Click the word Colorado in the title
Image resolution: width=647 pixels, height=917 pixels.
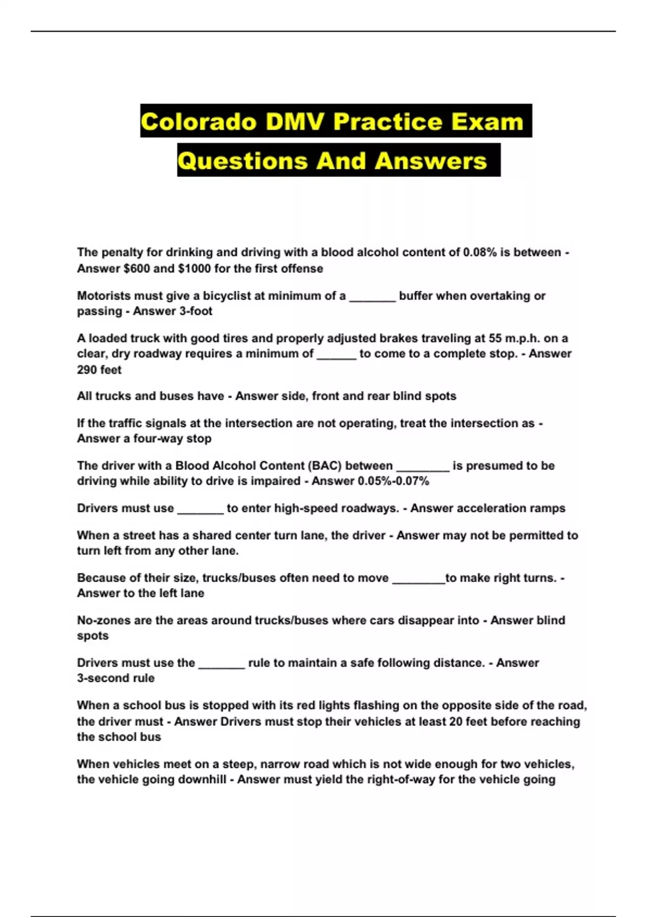pyautogui.click(x=198, y=121)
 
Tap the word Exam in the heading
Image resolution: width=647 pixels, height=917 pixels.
pyautogui.click(x=487, y=121)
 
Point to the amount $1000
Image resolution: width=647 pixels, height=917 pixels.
pyautogui.click(x=194, y=268)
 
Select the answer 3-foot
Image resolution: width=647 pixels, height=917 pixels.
pyautogui.click(x=192, y=311)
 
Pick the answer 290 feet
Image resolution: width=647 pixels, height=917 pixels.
pyautogui.click(x=99, y=369)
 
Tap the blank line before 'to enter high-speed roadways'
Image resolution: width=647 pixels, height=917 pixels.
pyautogui.click(x=200, y=511)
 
